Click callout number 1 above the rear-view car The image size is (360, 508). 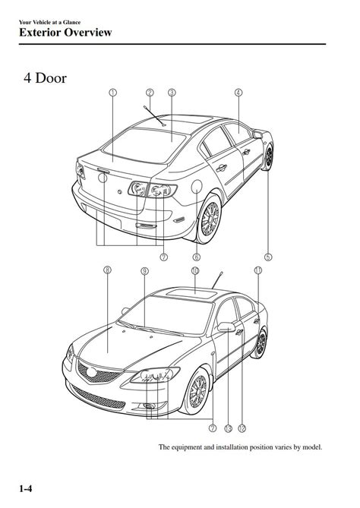pos(112,93)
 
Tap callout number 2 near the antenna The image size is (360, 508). pos(150,93)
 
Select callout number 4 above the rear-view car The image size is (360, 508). pos(238,93)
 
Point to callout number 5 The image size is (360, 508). pos(268,257)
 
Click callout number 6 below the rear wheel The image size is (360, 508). pos(197,257)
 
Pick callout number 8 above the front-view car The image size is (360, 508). pos(107,270)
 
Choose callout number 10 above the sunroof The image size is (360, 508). pos(194,270)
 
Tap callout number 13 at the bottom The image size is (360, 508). pos(228,428)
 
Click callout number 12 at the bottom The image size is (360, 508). pos(242,428)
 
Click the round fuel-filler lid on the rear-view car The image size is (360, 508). pos(197,186)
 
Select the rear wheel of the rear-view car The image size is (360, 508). pos(210,218)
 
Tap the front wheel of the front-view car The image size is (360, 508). pos(197,391)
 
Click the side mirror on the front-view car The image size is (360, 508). pos(226,327)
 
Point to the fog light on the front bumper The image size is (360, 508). pos(150,406)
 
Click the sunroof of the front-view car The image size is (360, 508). pos(191,294)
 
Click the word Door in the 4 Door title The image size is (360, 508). pos(51,78)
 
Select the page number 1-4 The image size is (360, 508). pos(26,488)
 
